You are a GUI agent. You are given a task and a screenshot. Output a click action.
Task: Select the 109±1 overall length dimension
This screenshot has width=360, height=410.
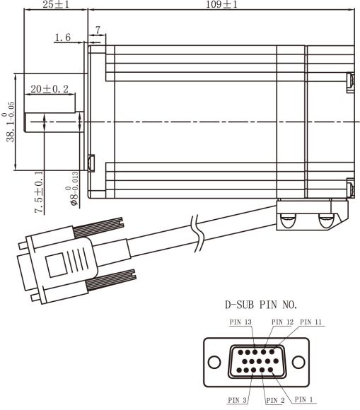point(221,5)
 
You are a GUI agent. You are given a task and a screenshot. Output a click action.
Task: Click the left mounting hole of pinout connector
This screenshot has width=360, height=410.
point(214,361)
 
